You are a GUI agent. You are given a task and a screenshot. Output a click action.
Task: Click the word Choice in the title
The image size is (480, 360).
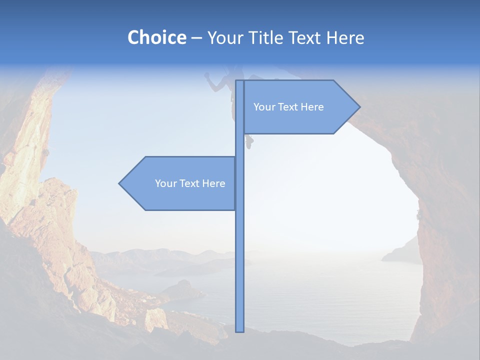pos(156,37)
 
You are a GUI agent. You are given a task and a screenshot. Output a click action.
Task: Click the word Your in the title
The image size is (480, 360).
pos(225,37)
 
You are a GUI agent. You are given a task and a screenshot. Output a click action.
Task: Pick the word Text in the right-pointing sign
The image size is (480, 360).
pos(288,107)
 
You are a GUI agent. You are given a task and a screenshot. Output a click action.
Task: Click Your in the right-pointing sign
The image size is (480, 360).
pos(264,107)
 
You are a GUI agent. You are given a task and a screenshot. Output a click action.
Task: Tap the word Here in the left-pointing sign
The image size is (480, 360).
pos(213,183)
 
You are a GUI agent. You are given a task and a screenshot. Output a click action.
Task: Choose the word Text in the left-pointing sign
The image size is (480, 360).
pos(190,183)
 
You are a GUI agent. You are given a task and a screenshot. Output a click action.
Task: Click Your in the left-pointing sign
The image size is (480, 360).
pos(166,183)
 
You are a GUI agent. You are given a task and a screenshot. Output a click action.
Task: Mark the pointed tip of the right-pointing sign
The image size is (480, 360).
pos(359,106)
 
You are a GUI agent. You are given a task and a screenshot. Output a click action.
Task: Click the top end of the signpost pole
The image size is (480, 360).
pos(239,81)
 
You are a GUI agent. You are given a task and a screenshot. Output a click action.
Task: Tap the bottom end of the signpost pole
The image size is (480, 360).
pos(239,331)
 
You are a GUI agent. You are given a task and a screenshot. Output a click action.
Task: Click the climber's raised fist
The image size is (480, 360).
pos(207,76)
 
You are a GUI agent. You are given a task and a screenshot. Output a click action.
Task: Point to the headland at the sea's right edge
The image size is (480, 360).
pos(402,252)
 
